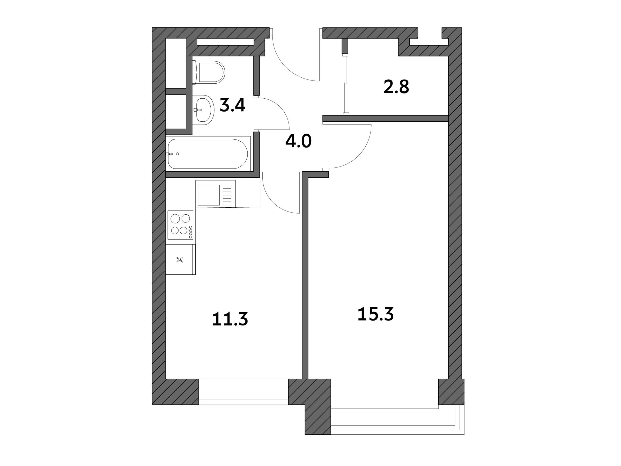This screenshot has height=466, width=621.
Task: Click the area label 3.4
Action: [232, 105]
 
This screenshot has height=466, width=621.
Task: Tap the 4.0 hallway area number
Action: [298, 141]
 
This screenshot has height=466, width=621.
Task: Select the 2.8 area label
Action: [396, 87]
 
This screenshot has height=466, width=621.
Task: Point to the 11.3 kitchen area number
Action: [230, 319]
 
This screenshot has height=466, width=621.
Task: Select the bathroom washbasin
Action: [203, 110]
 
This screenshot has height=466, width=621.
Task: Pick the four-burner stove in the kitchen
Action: [181, 225]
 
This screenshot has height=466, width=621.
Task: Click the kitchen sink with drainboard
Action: [215, 194]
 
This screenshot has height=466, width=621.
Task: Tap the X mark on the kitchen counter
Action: [180, 260]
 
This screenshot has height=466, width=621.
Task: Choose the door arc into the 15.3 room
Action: [362, 154]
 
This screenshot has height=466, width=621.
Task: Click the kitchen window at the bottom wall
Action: [243, 392]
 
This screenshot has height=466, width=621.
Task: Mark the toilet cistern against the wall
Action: [194, 72]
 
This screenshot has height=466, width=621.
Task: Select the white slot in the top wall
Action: [225, 42]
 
